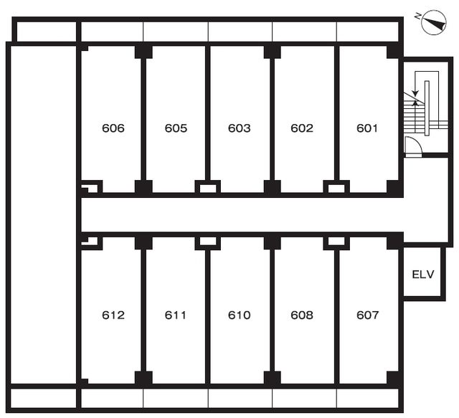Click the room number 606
[113, 128]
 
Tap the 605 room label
[176, 128]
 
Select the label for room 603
[239, 128]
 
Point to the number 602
[302, 128]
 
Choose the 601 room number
[367, 128]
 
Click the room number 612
[113, 315]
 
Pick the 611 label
[175, 315]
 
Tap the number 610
[239, 315]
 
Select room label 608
[302, 315]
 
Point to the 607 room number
[368, 315]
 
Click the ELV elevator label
[423, 275]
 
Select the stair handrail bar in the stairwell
[427, 108]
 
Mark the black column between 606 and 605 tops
[143, 52]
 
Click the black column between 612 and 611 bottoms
[143, 378]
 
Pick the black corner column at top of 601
[393, 52]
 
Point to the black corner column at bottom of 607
[393, 378]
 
